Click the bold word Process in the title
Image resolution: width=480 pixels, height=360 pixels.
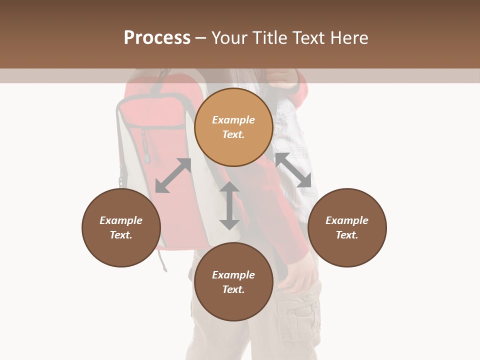157,38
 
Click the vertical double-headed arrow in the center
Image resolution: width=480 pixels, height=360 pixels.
229,205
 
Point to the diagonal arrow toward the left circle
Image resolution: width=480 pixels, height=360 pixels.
173,175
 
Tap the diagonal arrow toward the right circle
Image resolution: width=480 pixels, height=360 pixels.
293,170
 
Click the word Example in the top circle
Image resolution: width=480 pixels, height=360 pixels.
233,120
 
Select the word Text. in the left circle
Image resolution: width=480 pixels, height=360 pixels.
121,235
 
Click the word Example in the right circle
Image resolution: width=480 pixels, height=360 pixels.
347,220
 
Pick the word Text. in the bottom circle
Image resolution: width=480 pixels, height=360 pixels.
233,289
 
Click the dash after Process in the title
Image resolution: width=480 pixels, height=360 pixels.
201,38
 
